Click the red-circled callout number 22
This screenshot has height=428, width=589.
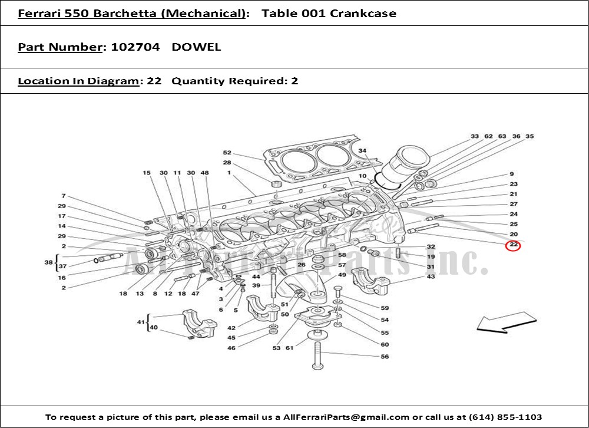(x=514, y=244)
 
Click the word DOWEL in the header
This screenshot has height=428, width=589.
(x=196, y=47)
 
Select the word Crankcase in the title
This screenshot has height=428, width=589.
(x=363, y=13)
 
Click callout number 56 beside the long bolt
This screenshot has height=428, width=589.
(x=385, y=357)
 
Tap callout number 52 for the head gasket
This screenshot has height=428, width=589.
(x=227, y=153)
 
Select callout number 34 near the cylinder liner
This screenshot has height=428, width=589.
(x=362, y=151)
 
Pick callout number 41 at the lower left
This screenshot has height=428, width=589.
(x=140, y=322)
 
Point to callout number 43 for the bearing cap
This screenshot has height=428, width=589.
(x=431, y=276)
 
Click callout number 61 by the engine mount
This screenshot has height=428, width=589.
(x=290, y=348)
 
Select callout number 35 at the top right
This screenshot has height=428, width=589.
(x=530, y=137)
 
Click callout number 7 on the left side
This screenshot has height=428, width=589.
(x=62, y=196)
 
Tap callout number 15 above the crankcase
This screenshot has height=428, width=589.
(x=147, y=173)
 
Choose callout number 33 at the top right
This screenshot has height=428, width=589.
(x=474, y=137)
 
